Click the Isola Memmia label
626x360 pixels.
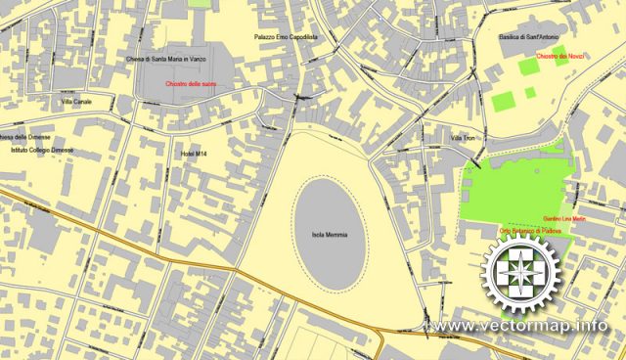click(330, 235)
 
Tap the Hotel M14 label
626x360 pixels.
click(195, 155)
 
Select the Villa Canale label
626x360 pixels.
click(75, 102)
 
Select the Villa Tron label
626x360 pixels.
click(462, 139)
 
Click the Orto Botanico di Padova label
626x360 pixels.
click(528, 230)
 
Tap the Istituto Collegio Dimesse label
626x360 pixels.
click(41, 151)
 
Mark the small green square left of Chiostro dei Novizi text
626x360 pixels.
click(528, 66)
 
